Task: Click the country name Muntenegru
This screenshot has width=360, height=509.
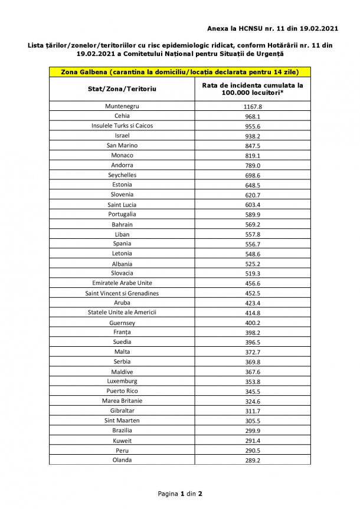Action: pyautogui.click(x=122, y=106)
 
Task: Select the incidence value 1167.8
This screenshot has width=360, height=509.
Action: pyautogui.click(x=252, y=107)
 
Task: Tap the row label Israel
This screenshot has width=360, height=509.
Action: pyautogui.click(x=122, y=136)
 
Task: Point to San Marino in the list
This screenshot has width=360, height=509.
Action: pyautogui.click(x=122, y=145)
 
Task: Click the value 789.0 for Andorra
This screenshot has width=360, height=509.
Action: pyautogui.click(x=252, y=166)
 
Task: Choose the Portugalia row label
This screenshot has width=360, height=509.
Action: pyautogui.click(x=122, y=214)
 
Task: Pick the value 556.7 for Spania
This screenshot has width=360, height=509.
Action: pyautogui.click(x=252, y=244)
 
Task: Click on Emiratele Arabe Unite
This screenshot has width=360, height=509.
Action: pyautogui.click(x=122, y=283)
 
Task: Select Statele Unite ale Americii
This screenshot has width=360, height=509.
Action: pyautogui.click(x=122, y=312)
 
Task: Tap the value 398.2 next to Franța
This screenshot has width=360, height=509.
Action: pyautogui.click(x=252, y=333)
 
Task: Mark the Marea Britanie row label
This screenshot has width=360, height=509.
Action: pyautogui.click(x=122, y=400)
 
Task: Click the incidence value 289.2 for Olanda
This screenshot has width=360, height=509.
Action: pyautogui.click(x=252, y=460)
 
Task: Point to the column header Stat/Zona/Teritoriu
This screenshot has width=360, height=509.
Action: pyautogui.click(x=122, y=88)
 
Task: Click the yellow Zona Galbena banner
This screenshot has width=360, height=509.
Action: pyautogui.click(x=179, y=72)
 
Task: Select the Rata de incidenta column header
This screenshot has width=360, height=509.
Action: pyautogui.click(x=252, y=88)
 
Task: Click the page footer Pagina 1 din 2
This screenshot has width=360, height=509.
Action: pyautogui.click(x=180, y=494)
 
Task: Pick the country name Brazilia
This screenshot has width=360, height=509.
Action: pyautogui.click(x=122, y=431)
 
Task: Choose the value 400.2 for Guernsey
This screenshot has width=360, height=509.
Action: pyautogui.click(x=252, y=323)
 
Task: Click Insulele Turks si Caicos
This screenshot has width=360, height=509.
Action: pyautogui.click(x=122, y=126)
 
